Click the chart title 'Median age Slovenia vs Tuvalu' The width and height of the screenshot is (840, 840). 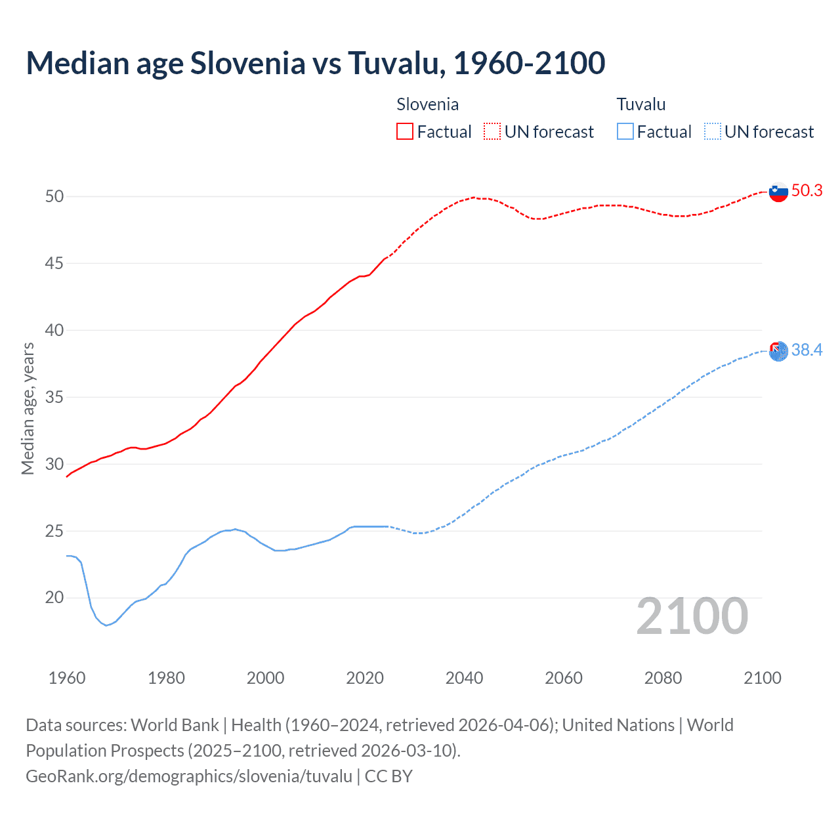pos(315,63)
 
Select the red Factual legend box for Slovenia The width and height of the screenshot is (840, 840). pos(405,131)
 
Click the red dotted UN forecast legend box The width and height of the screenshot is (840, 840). pos(492,131)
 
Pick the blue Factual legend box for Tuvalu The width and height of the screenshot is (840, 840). pos(625,131)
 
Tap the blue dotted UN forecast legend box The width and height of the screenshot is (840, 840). pos(712,131)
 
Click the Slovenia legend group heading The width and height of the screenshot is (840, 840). pos(427,104)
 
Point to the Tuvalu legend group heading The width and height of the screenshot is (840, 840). pos(640,104)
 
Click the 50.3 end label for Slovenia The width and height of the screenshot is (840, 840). pos(807,190)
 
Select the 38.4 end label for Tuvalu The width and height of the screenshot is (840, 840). pos(807,350)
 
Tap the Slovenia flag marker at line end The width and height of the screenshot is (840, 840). pos(778,192)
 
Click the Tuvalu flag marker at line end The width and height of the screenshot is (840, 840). pos(778,351)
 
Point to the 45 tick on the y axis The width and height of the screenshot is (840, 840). pos(54,263)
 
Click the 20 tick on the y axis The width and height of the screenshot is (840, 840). pos(54,597)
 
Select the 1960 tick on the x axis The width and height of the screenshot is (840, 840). pos(67,678)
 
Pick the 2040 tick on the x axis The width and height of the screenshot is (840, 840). pos(464,678)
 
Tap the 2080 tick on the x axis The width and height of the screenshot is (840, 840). pos(663,678)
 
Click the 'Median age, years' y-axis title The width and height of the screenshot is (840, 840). pos(28,408)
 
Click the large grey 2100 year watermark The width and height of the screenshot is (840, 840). pos(692,616)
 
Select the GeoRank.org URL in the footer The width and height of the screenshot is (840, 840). pos(189,776)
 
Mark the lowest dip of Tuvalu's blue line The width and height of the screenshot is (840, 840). pos(106,625)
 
